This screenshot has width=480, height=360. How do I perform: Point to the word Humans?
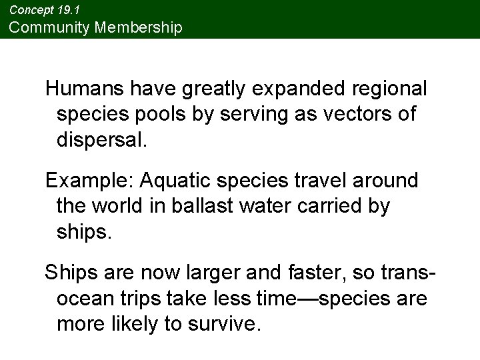click(85, 89)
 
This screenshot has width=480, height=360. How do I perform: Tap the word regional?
click(390, 89)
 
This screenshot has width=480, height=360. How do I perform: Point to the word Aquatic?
click(173, 181)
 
